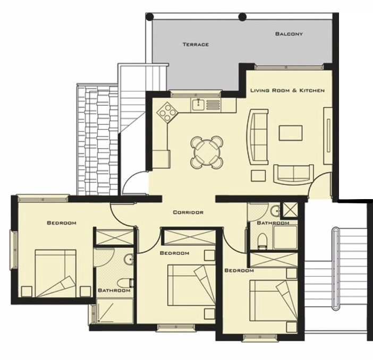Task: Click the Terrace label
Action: tap(196, 45)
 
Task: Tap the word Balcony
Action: tap(289, 34)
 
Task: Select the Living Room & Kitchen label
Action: tap(287, 90)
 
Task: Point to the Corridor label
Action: tap(188, 212)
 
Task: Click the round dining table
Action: tap(207, 152)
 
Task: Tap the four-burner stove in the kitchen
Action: tap(167, 112)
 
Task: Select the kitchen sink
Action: tap(198, 105)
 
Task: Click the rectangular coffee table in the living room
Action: tap(291, 133)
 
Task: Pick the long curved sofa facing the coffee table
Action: tap(258, 136)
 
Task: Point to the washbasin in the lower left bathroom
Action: tap(129, 259)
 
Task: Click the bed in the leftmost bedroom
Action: tap(55, 273)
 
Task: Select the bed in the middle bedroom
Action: tap(191, 285)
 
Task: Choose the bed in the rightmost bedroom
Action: tap(274, 301)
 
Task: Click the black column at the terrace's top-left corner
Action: tap(150, 17)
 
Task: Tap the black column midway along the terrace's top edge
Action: tap(242, 17)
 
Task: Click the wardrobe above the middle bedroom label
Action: tap(190, 237)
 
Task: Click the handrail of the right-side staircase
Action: tap(335, 269)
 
